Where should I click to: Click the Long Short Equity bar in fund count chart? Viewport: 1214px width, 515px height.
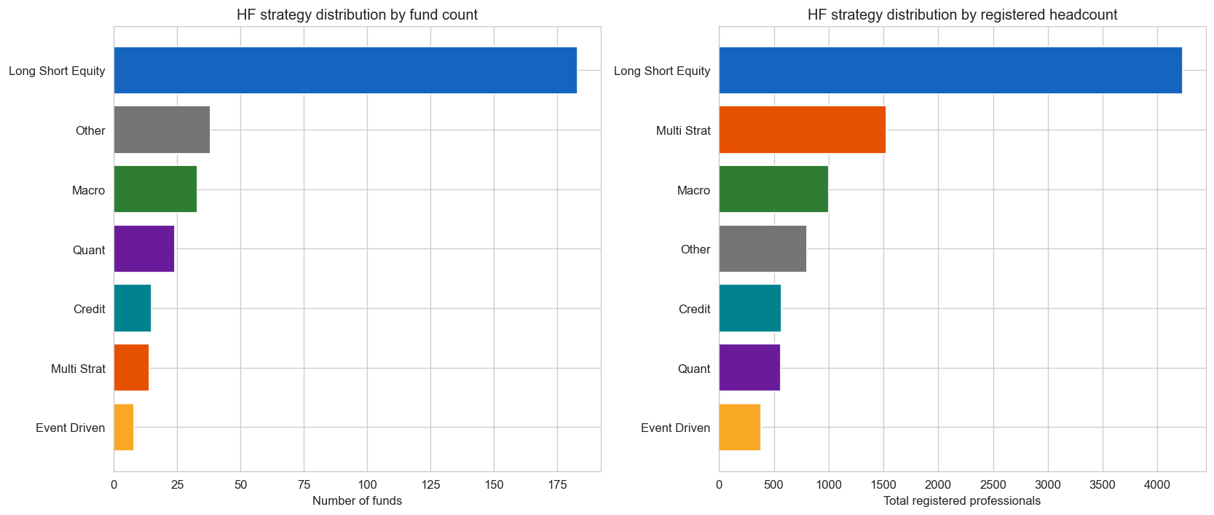345,71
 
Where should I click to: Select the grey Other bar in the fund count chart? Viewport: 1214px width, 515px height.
162,130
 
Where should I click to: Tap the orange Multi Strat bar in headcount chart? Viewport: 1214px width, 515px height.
802,130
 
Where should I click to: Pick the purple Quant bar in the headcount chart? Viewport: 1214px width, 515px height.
749,368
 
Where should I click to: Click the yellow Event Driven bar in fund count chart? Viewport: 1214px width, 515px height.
124,428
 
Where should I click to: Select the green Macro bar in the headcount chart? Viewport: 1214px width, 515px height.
773,189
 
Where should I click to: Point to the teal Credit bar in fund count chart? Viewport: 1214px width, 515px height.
133,309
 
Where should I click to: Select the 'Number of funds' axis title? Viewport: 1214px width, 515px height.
357,501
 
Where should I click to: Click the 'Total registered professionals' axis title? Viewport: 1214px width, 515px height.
962,501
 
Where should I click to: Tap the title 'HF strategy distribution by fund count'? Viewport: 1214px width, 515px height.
357,15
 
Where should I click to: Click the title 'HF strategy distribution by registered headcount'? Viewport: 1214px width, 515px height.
962,15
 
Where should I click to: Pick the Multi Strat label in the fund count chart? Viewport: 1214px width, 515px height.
78,369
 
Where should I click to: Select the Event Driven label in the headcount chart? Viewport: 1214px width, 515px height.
675,428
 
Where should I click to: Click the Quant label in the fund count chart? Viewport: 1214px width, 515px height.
89,250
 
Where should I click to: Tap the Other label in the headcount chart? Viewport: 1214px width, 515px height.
695,249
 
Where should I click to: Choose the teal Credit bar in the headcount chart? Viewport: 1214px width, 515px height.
749,309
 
